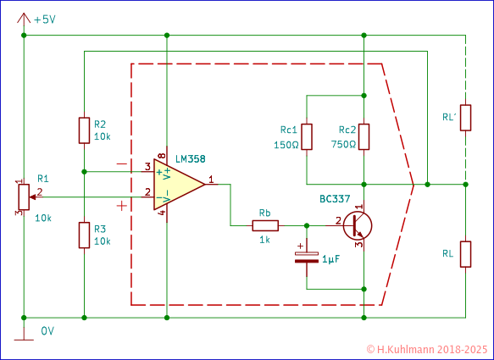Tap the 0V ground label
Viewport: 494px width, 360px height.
click(x=47, y=331)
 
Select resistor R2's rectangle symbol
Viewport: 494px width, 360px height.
click(x=84, y=130)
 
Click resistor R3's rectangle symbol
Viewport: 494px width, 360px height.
click(x=84, y=235)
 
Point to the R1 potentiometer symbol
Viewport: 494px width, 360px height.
click(x=23, y=197)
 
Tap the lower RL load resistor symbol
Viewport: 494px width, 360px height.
click(x=465, y=253)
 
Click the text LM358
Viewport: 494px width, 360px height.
click(x=191, y=158)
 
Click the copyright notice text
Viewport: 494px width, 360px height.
click(x=427, y=348)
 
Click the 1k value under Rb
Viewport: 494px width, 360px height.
click(x=264, y=241)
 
